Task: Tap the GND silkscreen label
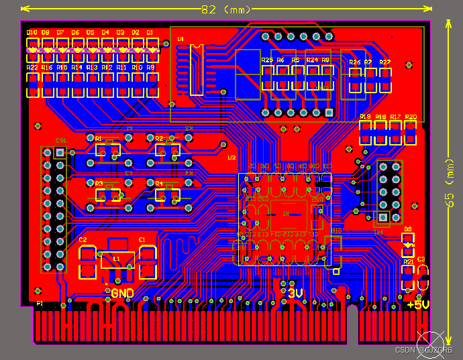pyautogui.click(x=122, y=293)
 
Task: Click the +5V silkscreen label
pyautogui.click(x=418, y=304)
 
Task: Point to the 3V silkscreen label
pyautogui.click(x=295, y=294)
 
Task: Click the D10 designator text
pyautogui.click(x=32, y=32)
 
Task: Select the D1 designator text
pyautogui.click(x=150, y=32)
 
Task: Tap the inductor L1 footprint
pyautogui.click(x=117, y=259)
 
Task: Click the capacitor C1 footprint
pyautogui.click(x=147, y=261)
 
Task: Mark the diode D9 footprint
pyautogui.click(x=408, y=245)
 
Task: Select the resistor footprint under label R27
pyautogui.click(x=385, y=81)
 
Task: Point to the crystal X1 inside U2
pyautogui.click(x=285, y=215)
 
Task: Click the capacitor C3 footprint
pyautogui.click(x=423, y=277)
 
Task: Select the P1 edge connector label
pyautogui.click(x=40, y=304)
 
